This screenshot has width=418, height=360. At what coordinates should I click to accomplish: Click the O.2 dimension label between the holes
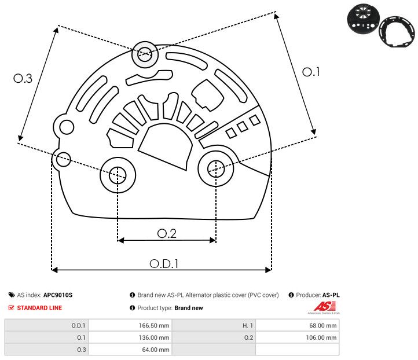coord(167,233)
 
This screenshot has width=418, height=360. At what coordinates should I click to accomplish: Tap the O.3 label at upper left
coord(23,79)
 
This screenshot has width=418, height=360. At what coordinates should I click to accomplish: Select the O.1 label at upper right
coord(311,72)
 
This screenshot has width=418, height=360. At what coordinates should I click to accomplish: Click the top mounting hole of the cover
coord(144,56)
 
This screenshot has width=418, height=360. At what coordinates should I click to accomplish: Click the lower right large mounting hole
coord(216,168)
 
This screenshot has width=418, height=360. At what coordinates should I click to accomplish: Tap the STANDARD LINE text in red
coord(39,308)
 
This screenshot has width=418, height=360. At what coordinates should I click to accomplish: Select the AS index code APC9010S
coord(58,295)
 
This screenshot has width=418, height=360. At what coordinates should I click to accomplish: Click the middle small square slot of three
coord(243,127)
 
